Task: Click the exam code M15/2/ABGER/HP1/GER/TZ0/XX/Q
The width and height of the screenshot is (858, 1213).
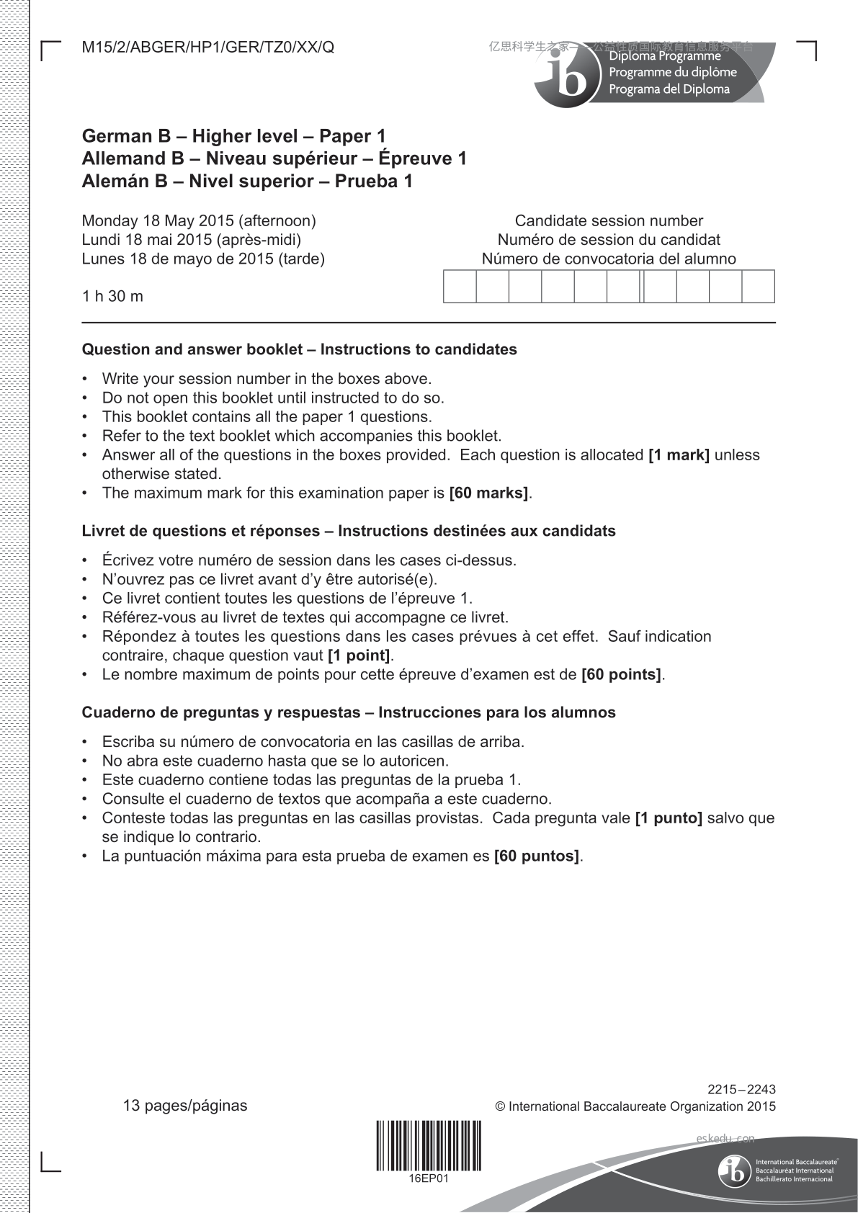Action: tap(208, 48)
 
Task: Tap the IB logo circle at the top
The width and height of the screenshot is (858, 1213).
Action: tap(568, 77)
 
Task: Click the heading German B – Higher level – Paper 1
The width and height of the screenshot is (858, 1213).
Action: tap(234, 136)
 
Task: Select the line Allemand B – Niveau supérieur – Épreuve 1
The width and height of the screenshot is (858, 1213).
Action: tap(274, 158)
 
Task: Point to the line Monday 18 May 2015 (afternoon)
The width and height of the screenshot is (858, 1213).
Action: tap(199, 220)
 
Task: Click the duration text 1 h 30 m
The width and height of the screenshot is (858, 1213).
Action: tap(112, 296)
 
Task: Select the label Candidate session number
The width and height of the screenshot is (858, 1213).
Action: tap(609, 220)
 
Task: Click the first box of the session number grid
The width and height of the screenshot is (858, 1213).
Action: tap(460, 286)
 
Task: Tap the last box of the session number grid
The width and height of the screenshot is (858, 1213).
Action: tap(758, 286)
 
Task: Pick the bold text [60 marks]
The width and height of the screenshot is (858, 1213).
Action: tap(488, 493)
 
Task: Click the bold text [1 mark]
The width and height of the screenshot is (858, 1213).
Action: tap(679, 455)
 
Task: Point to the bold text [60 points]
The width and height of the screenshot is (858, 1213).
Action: tap(621, 675)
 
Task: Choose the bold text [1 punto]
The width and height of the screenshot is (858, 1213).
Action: tap(669, 818)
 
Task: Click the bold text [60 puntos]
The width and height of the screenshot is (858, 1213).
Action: tap(537, 856)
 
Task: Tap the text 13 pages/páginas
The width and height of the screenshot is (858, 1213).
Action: tap(185, 1106)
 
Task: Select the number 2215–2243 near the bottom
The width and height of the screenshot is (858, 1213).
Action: tap(741, 1090)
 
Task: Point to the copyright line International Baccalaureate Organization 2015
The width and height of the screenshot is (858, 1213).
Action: tap(635, 1106)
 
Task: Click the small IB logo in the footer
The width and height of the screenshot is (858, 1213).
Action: tap(734, 1171)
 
